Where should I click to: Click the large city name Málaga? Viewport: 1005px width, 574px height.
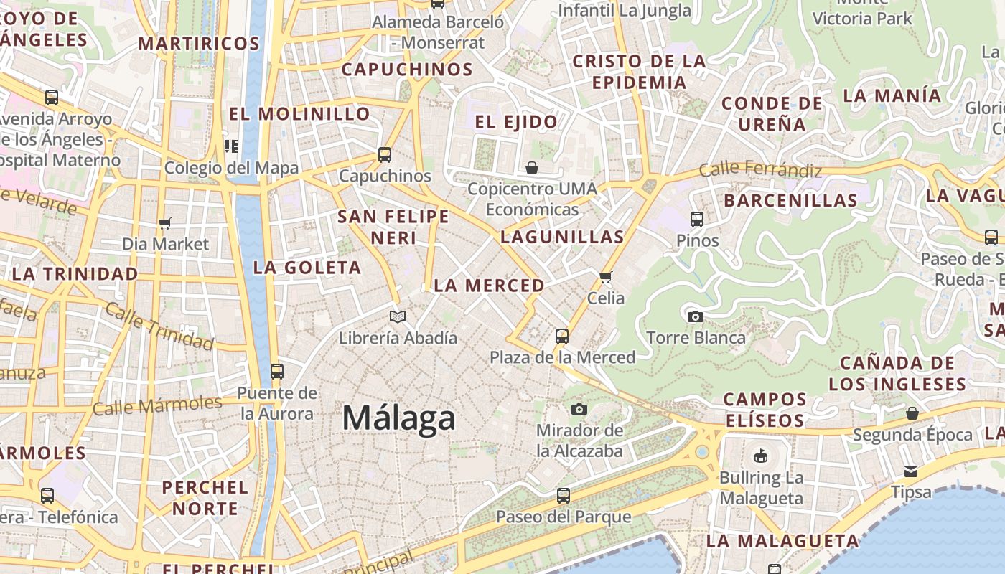coord(398,418)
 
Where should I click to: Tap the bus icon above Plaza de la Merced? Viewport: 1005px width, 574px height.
coord(562,336)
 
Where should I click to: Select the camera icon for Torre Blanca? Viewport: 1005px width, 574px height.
coord(695,316)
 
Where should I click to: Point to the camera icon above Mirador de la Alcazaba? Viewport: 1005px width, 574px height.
coord(579,410)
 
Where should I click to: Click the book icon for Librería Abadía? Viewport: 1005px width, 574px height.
coord(397,316)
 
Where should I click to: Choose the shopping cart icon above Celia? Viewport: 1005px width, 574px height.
coord(605,277)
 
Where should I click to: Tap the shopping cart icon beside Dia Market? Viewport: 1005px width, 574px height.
coord(165,223)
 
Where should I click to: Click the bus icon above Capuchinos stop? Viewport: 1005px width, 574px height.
coord(385,154)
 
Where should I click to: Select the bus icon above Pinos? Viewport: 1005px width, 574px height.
coord(697,220)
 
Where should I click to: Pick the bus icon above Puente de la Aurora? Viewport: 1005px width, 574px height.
coord(277,372)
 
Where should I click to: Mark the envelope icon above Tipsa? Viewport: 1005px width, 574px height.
coord(911,471)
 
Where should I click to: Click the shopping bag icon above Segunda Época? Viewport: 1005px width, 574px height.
coord(912,413)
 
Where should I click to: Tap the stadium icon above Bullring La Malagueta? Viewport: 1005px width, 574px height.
coord(761,456)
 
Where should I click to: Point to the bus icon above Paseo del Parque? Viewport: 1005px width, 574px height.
coord(564,495)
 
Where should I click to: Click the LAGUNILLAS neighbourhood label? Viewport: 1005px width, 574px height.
coord(562,237)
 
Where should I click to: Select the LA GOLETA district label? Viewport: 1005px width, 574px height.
coord(307,268)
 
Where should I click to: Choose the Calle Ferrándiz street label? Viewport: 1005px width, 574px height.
coord(760,170)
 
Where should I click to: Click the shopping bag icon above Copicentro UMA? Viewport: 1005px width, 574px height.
coord(532,168)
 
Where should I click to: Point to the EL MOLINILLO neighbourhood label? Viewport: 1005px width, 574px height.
coord(299,113)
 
